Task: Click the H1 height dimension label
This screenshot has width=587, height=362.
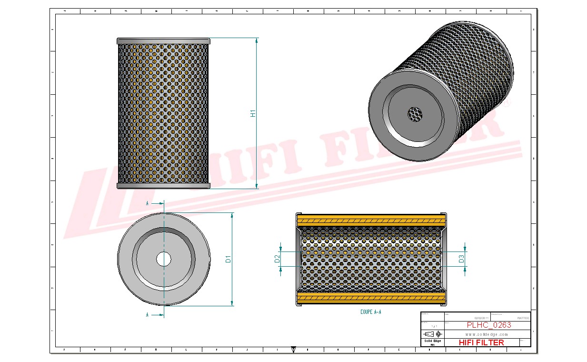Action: pos(253,113)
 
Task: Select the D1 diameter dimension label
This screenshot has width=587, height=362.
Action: pos(228,259)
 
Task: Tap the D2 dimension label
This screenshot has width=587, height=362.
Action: pos(277,259)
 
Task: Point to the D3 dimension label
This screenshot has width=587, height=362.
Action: pos(461,259)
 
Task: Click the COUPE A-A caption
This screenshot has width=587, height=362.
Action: pos(371,312)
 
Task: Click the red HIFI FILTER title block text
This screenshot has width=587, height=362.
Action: pos(481,342)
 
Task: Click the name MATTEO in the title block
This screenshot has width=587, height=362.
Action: pos(523,318)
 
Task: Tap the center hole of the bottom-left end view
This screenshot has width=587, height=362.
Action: pos(164,259)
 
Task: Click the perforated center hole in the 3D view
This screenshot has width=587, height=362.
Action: pos(416,113)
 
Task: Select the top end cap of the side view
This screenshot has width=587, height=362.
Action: pos(163,41)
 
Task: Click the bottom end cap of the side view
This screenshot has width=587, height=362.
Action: pos(163,185)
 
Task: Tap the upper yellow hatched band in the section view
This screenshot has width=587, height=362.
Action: pos(371,220)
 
